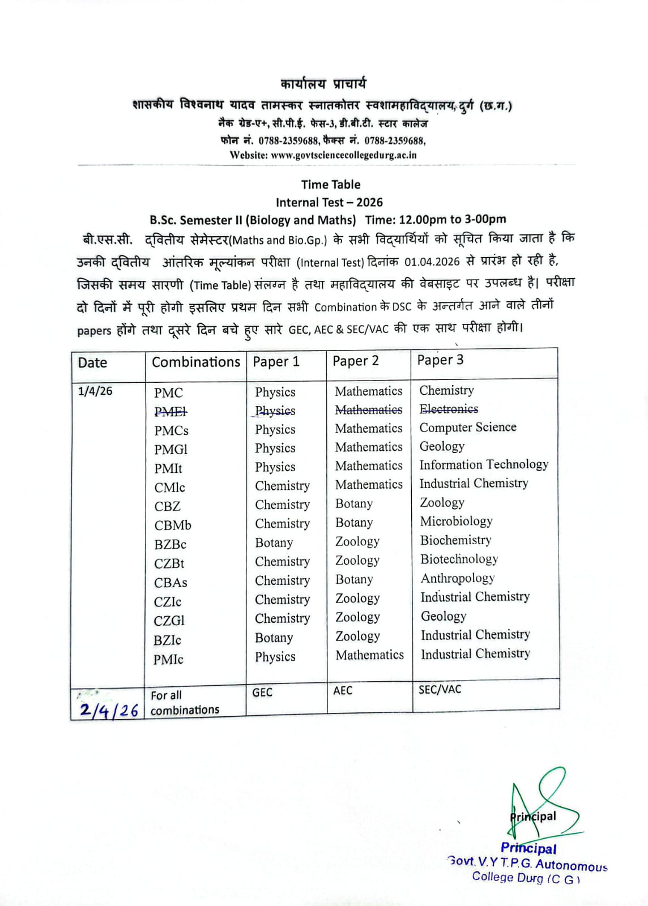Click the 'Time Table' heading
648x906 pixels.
[331, 185]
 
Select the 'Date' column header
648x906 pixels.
[93, 363]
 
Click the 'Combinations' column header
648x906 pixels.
[196, 362]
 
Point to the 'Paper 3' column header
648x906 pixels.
[440, 360]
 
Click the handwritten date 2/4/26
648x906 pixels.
[109, 710]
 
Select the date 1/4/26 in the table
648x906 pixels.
[95, 391]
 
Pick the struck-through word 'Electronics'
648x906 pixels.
[449, 409]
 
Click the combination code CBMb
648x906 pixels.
[173, 525]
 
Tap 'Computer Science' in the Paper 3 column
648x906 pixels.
[468, 428]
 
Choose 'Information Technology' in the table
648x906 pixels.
[484, 465]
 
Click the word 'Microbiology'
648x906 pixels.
[456, 522]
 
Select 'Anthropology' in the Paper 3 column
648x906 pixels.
[458, 578]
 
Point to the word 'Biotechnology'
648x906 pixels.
[459, 559]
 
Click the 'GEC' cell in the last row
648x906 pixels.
[262, 693]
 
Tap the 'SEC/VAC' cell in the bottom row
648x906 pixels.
[440, 690]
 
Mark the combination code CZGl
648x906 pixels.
[169, 621]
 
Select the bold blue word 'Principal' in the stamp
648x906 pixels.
[528, 848]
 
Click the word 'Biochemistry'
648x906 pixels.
[455, 540]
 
